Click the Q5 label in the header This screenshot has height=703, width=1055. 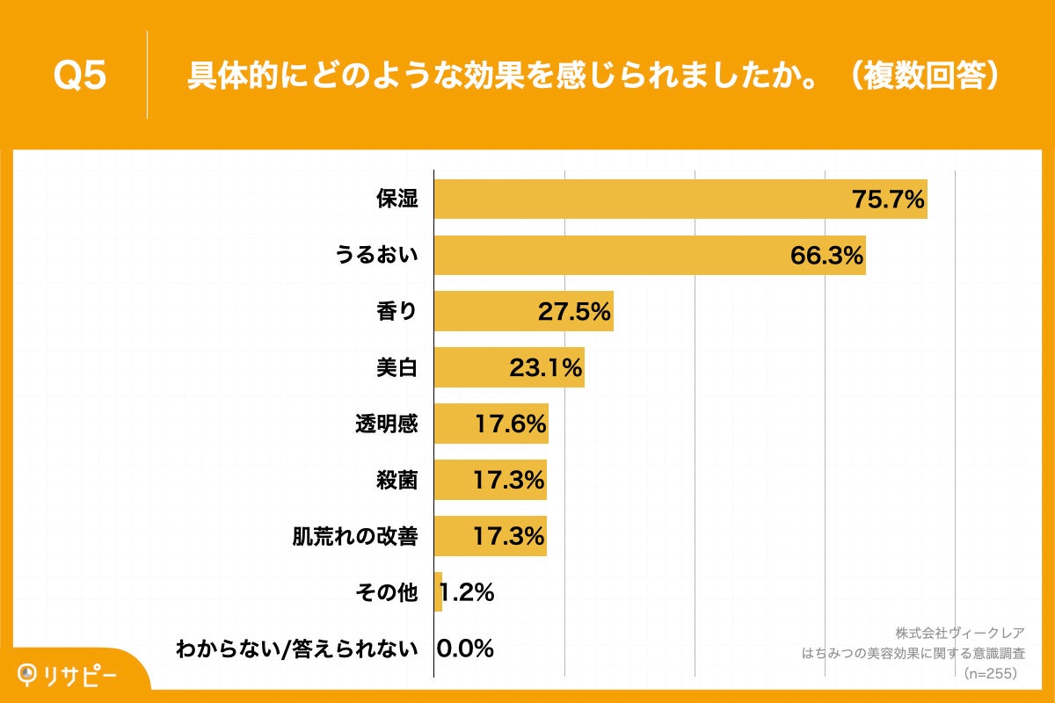pyautogui.click(x=80, y=76)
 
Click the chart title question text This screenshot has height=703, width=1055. pyautogui.click(x=594, y=76)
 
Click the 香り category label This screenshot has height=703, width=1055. pyautogui.click(x=397, y=312)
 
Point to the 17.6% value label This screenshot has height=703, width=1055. pyautogui.click(x=511, y=424)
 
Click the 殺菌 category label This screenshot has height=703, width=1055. pyautogui.click(x=397, y=481)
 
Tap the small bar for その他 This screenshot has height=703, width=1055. pyautogui.click(x=438, y=592)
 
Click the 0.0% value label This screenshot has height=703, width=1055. pyautogui.click(x=465, y=649)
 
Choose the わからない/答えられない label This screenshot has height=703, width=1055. pyautogui.click(x=296, y=649)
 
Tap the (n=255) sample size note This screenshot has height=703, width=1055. pyautogui.click(x=991, y=674)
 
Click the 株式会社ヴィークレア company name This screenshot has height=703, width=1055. pyautogui.click(x=959, y=633)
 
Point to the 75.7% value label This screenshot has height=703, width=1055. pyautogui.click(x=888, y=199)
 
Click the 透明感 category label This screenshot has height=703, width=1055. pyautogui.click(x=386, y=424)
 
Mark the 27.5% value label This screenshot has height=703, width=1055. pyautogui.click(x=575, y=312)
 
